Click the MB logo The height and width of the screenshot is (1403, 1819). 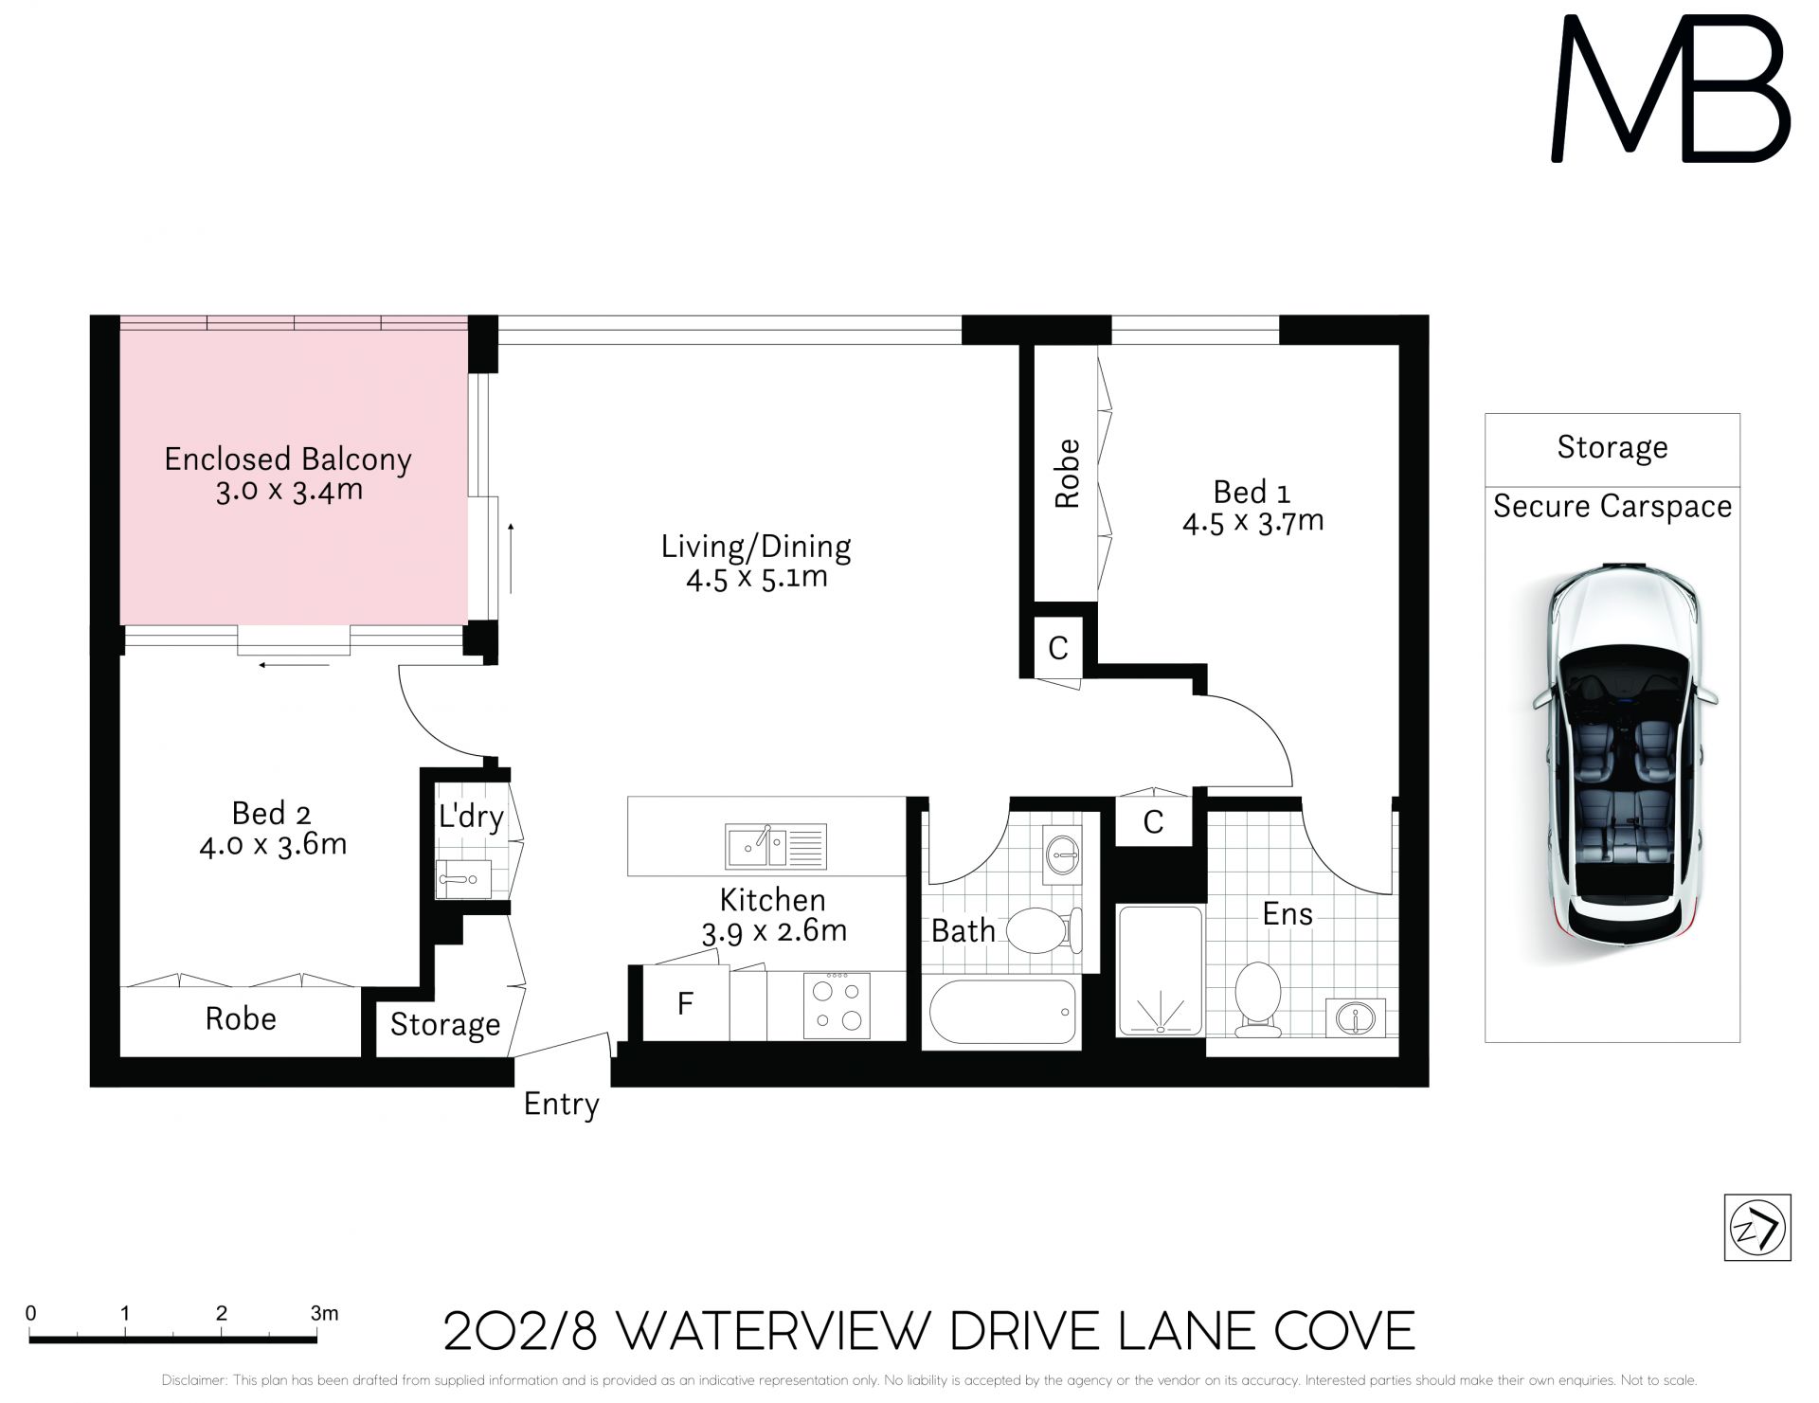pyautogui.click(x=1670, y=88)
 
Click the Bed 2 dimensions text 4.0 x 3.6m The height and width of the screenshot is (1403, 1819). pyautogui.click(x=273, y=844)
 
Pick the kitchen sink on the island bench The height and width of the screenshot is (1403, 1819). pyautogui.click(x=776, y=846)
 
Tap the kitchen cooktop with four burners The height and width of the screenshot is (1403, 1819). pyautogui.click(x=837, y=1005)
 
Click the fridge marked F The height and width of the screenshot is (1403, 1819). pyautogui.click(x=686, y=1002)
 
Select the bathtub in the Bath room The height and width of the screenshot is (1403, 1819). pyautogui.click(x=1002, y=1011)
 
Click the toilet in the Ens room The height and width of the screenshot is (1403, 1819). pyautogui.click(x=1259, y=999)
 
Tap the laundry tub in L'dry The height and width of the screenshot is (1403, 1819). pyautogui.click(x=463, y=879)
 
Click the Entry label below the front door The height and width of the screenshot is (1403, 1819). pyautogui.click(x=562, y=1105)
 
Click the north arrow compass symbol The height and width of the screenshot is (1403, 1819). pyautogui.click(x=1757, y=1228)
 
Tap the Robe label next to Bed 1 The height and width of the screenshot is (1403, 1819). pyautogui.click(x=1067, y=474)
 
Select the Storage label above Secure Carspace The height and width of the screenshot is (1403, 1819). pyautogui.click(x=1612, y=447)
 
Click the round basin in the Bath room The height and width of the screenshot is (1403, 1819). pyautogui.click(x=1062, y=856)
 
